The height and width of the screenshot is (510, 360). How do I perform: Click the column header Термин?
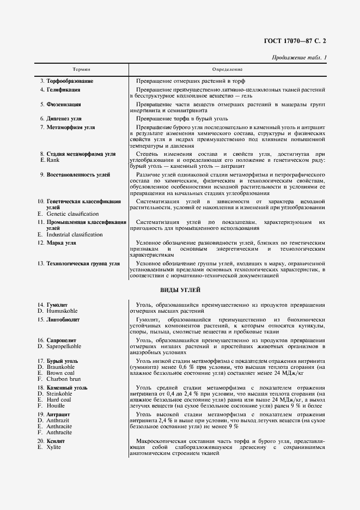tap(81, 70)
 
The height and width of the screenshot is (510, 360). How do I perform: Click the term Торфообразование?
tap(70, 81)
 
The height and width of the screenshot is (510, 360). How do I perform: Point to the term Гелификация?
tap(63, 89)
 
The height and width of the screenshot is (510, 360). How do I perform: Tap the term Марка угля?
tap(61, 242)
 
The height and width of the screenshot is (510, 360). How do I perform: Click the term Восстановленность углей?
tap(78, 175)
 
